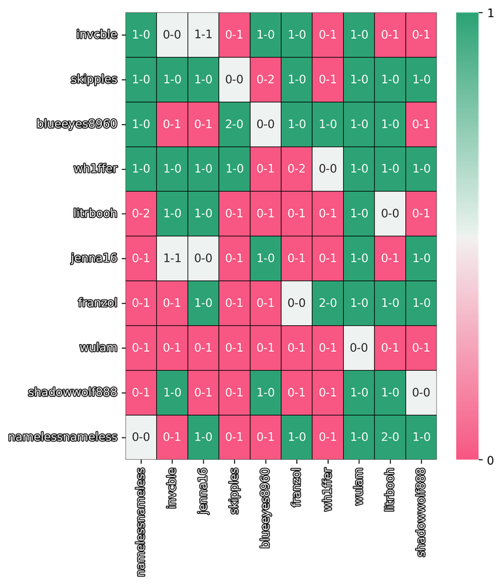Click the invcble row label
(x=96, y=35)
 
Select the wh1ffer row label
(x=95, y=168)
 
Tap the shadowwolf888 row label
(x=72, y=392)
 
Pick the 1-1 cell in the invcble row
(x=203, y=35)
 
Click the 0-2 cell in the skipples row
(x=265, y=80)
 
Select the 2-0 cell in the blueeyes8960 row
(x=234, y=124)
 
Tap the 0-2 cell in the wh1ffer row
(x=297, y=168)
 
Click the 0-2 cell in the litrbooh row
(x=141, y=213)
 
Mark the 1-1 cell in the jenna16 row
(x=172, y=258)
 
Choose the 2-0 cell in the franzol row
(x=327, y=303)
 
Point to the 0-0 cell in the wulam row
(x=359, y=347)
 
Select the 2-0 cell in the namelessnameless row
(x=390, y=437)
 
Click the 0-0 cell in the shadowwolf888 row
(x=421, y=392)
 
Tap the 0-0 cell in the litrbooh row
(x=390, y=213)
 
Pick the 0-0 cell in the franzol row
(x=297, y=303)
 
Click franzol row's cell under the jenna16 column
(x=203, y=303)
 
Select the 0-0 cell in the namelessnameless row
(x=141, y=437)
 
